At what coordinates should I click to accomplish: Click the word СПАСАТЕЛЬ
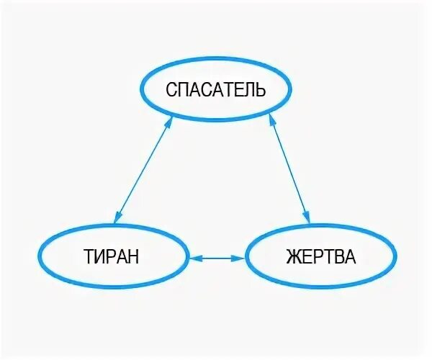216,90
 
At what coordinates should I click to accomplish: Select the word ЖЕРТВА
320,256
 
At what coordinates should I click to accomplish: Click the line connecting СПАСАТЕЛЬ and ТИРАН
144,168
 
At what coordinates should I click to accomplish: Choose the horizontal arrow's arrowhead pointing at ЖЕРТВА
239,256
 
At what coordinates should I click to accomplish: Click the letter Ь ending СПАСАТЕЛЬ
261,90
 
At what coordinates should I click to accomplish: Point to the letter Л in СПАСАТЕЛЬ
248,90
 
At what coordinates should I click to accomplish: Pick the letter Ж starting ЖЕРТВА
292,256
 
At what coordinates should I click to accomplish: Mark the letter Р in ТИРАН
110,256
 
